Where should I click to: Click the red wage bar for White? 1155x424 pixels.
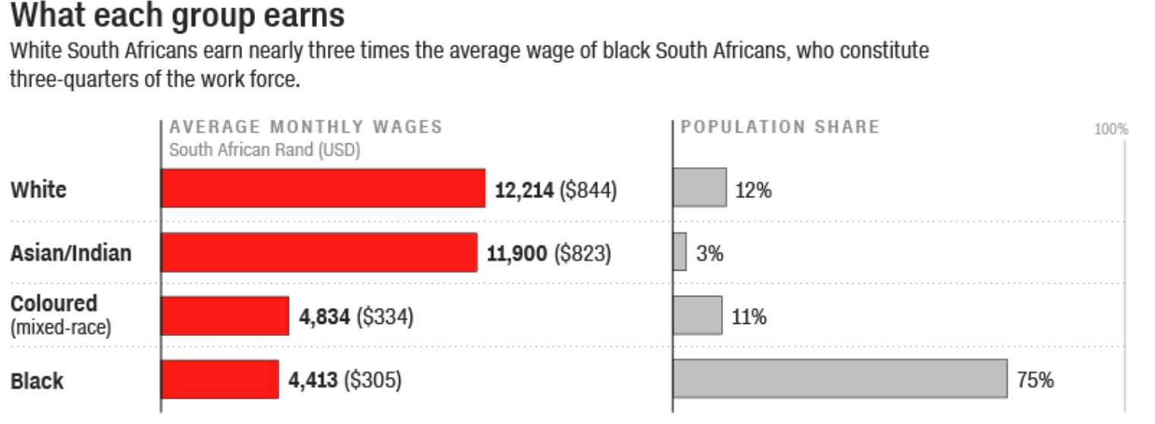[x=323, y=188]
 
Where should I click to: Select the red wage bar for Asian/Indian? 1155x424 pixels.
[x=319, y=252]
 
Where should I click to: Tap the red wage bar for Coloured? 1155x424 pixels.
[x=225, y=316]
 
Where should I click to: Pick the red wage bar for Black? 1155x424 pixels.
[x=220, y=378]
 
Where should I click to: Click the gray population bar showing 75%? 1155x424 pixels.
[x=839, y=378]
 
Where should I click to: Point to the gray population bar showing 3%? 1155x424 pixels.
[x=680, y=252]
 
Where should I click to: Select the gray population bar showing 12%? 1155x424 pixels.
[x=700, y=188]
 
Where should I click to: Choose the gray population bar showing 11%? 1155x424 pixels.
[x=697, y=316]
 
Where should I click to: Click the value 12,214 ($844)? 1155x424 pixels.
[x=555, y=190]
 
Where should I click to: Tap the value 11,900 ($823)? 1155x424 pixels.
[x=548, y=254]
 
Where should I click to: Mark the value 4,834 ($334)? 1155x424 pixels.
[x=356, y=317]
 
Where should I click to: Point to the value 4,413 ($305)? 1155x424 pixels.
[x=345, y=380]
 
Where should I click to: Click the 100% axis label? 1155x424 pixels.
[x=1111, y=130]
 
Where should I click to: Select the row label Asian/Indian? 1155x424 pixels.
[x=71, y=253]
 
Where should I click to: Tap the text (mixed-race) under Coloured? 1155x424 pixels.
[x=60, y=328]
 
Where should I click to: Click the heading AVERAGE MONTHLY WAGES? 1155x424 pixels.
[x=306, y=127]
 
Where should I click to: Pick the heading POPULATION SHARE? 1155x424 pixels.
[x=780, y=127]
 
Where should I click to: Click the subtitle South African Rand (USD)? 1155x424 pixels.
[x=264, y=149]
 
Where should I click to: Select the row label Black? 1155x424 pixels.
[x=37, y=381]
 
